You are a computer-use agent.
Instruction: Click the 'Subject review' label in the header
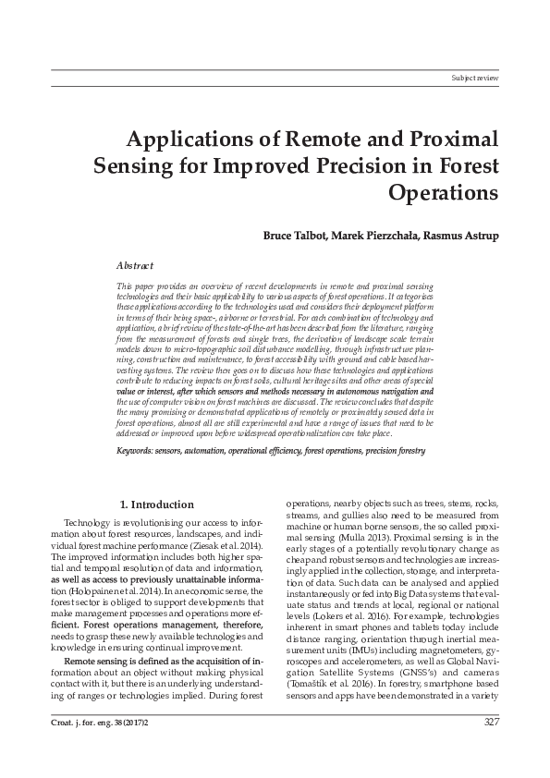pos(474,79)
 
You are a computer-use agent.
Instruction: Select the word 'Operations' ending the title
pos(444,194)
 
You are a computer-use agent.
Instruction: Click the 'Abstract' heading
pos(135,264)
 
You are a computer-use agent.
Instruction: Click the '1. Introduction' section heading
pos(158,504)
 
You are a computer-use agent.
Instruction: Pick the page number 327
pos(491,748)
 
